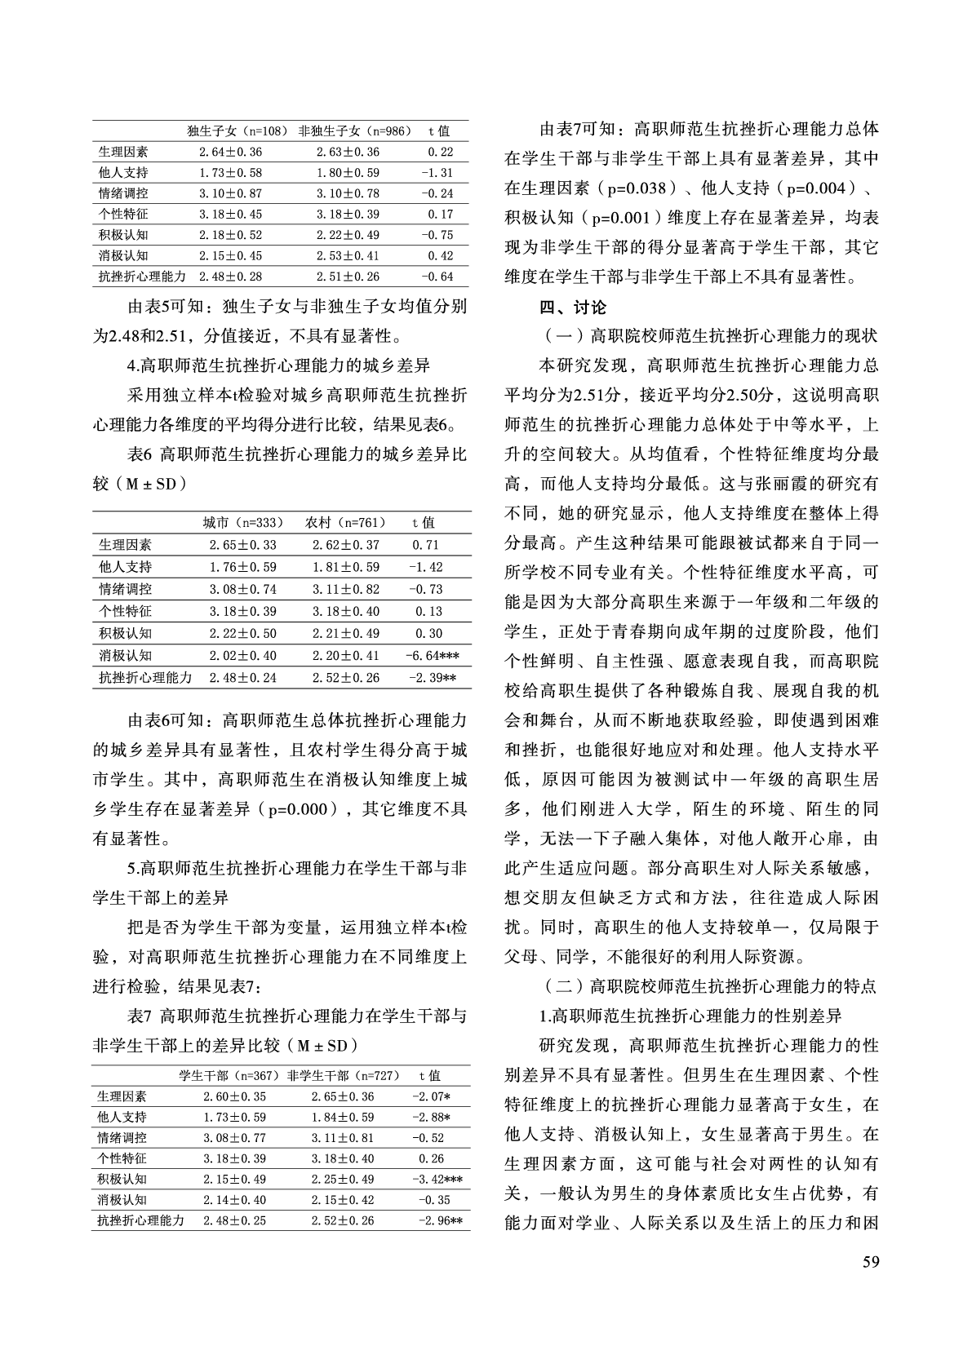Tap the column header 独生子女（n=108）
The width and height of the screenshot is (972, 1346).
point(237,131)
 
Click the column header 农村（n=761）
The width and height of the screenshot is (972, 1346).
point(345,523)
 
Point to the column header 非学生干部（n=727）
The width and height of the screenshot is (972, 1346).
point(343,1076)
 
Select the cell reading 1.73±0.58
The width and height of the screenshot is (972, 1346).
point(230,173)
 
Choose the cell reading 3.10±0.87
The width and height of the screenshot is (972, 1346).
point(230,193)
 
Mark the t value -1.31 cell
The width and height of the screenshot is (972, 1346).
point(437,173)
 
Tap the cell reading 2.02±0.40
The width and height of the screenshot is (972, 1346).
point(242,655)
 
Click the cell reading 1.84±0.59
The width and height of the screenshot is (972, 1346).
point(343,1117)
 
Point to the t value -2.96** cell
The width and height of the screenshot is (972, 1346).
point(440,1221)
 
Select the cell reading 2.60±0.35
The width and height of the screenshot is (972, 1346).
point(235,1096)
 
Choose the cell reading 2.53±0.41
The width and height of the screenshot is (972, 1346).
point(348,256)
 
